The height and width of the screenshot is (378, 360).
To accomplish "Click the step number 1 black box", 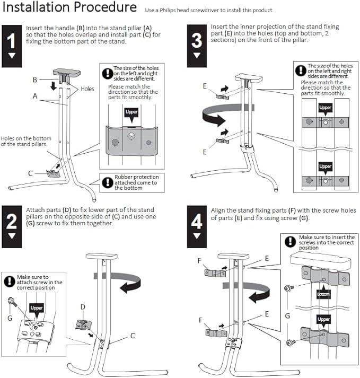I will tap(12, 45).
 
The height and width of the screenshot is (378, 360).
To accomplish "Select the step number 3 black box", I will tap(197, 45).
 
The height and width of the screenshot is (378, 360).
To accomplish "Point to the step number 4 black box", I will tap(197, 225).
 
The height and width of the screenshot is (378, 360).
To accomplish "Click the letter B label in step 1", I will tap(35, 80).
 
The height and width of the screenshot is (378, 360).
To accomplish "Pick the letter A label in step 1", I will tap(35, 96).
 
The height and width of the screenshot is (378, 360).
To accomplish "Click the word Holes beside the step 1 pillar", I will tap(87, 89).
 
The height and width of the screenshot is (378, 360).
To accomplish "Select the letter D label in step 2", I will tap(82, 306).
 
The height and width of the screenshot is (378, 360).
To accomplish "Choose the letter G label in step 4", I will tap(287, 315).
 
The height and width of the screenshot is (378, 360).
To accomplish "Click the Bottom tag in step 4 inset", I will tap(323, 294).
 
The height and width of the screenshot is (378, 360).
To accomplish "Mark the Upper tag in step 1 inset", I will tap(131, 112).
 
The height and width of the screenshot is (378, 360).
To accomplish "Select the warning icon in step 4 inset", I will tap(290, 242).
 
